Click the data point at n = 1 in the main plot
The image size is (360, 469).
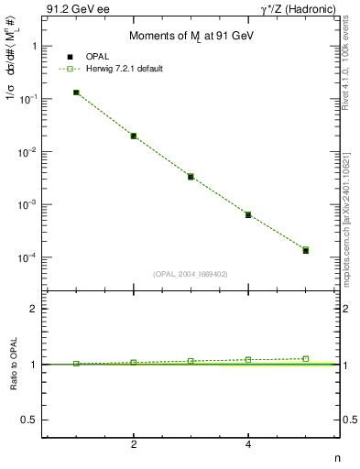point(76,93)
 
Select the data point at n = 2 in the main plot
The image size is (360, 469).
point(134,136)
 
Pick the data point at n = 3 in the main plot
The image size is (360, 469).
point(191,176)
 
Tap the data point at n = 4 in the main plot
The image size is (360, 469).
point(248,214)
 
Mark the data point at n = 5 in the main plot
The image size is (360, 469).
point(306,249)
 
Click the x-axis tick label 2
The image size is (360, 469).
point(134,444)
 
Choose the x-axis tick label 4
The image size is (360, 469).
point(248,444)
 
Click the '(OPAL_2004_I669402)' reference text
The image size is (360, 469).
point(191,272)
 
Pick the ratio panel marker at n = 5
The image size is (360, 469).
point(306,359)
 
